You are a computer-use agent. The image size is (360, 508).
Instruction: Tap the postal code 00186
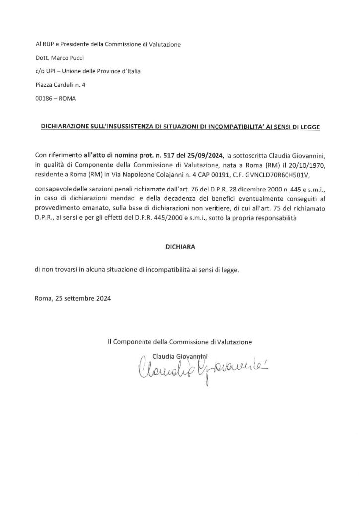tap(44, 98)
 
